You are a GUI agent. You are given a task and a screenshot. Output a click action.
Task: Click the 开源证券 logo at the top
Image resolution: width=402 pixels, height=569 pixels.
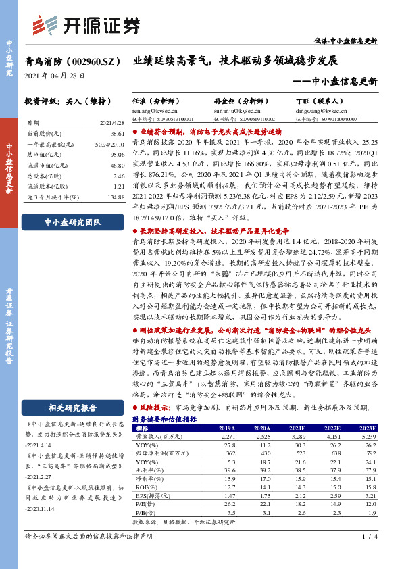click(86, 25)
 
